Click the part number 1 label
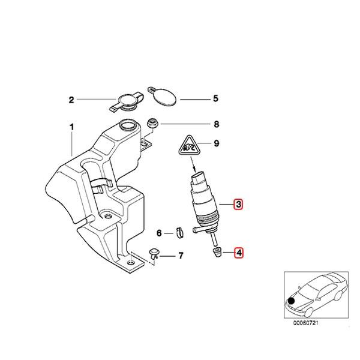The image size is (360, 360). [72, 127]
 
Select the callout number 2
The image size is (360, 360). [71, 100]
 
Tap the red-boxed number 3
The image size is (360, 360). [239, 205]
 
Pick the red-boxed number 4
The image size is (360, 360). [239, 253]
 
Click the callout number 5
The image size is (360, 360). [200, 99]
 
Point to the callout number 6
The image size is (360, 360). [160, 233]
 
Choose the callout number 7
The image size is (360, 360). [180, 256]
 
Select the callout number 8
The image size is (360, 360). [200, 125]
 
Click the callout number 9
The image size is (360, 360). [200, 144]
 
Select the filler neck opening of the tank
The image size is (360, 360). [127, 126]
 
